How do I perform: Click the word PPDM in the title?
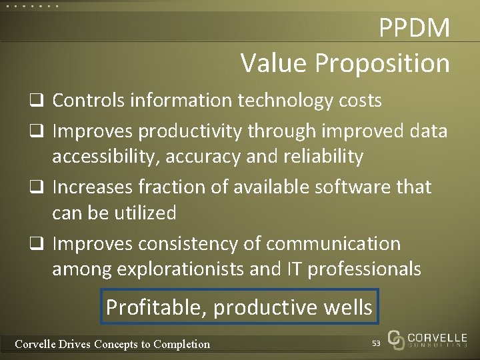pos(414,28)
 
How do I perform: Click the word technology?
pos(283,101)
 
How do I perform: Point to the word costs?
pos(358,101)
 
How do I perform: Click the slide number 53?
pos(376,342)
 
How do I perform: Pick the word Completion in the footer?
pos(181,344)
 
